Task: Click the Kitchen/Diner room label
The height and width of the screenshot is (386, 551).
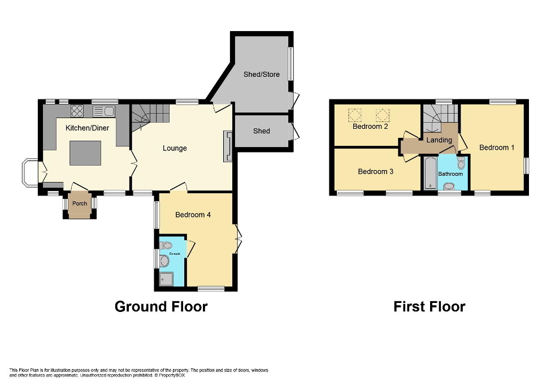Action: pyautogui.click(x=87, y=128)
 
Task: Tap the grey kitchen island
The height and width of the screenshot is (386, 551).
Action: pyautogui.click(x=85, y=153)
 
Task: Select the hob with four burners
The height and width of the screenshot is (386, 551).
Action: pyautogui.click(x=77, y=111)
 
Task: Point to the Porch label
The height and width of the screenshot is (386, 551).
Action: pyautogui.click(x=79, y=203)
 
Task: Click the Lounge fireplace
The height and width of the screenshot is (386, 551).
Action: pyautogui.click(x=228, y=146)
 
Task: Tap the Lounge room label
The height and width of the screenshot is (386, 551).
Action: pyautogui.click(x=175, y=149)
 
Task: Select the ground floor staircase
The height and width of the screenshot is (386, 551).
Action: pyautogui.click(x=150, y=116)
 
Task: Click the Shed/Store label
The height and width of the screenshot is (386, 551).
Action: pyautogui.click(x=261, y=74)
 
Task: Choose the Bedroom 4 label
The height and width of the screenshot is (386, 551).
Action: pyautogui.click(x=193, y=215)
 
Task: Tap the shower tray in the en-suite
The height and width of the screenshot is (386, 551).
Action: pyautogui.click(x=166, y=278)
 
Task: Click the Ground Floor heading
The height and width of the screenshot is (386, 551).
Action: pyautogui.click(x=161, y=307)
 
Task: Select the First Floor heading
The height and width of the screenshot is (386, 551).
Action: pyautogui.click(x=429, y=307)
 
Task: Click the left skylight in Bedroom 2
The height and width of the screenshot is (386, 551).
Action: pyautogui.click(x=355, y=115)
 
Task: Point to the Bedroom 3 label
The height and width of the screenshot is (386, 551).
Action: pyautogui.click(x=375, y=171)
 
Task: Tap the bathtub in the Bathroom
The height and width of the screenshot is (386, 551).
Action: pyautogui.click(x=429, y=173)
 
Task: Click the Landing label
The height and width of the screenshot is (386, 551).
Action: pyautogui.click(x=439, y=140)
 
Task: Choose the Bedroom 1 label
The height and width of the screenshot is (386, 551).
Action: pyautogui.click(x=497, y=148)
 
